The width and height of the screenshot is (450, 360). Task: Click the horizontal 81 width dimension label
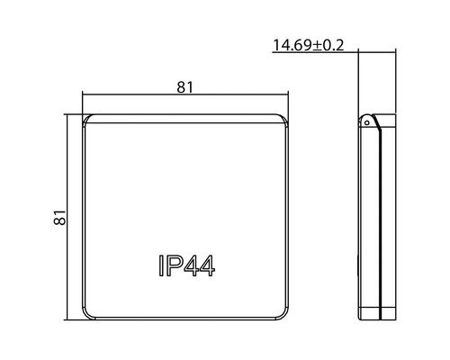click(x=185, y=87)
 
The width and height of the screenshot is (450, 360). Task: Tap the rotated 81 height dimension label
click(x=59, y=217)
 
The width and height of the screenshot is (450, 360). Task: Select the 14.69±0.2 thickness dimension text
click(x=308, y=45)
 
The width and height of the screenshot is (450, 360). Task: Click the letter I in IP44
click(x=161, y=265)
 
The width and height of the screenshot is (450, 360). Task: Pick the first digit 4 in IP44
click(x=190, y=265)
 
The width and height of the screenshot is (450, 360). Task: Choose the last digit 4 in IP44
click(x=207, y=265)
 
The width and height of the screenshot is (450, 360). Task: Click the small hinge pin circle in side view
click(x=366, y=122)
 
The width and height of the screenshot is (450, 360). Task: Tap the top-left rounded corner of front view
click(x=87, y=119)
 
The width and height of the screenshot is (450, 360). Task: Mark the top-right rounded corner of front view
click(x=283, y=119)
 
